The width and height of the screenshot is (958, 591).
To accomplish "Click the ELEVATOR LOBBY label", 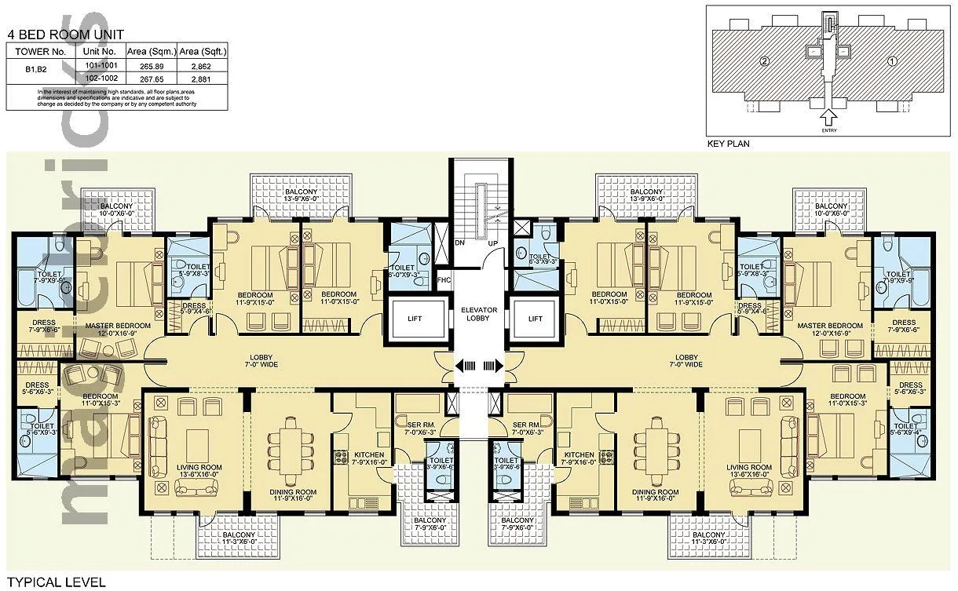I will pyautogui.click(x=478, y=312).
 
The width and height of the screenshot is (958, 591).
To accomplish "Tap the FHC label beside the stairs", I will pyautogui.click(x=444, y=279).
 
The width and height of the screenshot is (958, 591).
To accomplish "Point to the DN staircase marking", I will pyautogui.click(x=460, y=243).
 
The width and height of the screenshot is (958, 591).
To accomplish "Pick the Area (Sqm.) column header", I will pyautogui.click(x=152, y=52).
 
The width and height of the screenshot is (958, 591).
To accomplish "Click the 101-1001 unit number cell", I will pyautogui.click(x=100, y=67).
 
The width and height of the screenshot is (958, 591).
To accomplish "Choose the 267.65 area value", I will pyautogui.click(x=152, y=78).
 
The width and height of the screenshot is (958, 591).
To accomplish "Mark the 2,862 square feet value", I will pyautogui.click(x=203, y=67).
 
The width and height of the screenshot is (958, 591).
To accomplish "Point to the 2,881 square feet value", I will pyautogui.click(x=203, y=78).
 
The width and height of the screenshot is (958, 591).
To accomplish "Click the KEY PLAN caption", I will pyautogui.click(x=729, y=144).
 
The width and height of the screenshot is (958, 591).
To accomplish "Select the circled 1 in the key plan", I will pyautogui.click(x=890, y=60).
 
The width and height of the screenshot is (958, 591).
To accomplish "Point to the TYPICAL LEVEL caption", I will pyautogui.click(x=54, y=582).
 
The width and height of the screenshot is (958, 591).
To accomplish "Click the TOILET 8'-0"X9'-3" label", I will pyautogui.click(x=408, y=272).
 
